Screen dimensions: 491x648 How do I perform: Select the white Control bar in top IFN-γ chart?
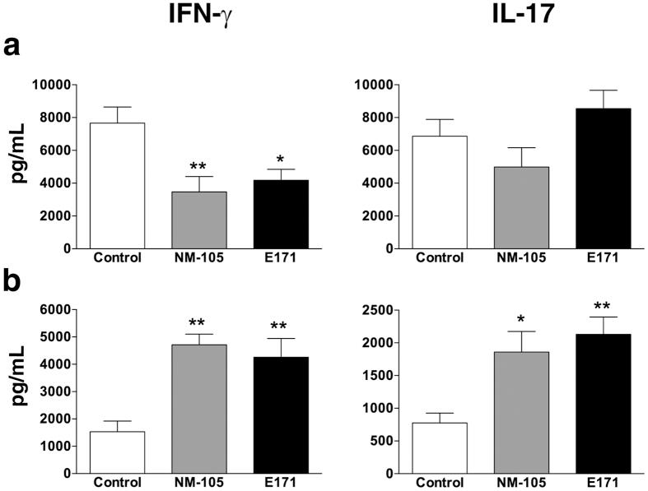click(117, 185)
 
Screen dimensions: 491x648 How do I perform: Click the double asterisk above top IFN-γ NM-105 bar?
click(198, 164)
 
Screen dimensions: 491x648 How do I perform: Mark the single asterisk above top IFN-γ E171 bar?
click(280, 159)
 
